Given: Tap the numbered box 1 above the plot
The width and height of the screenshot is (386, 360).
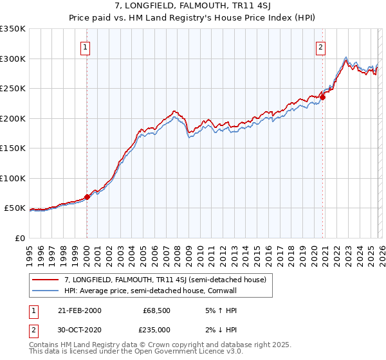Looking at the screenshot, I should pos(86,46).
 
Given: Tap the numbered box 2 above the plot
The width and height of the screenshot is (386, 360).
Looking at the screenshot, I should pos(320,46).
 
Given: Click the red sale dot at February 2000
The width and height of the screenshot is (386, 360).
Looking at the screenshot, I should pos(87,197).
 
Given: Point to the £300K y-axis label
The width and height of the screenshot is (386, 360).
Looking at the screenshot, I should pos(12,59).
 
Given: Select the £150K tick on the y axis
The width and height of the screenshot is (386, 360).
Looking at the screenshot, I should pos(12,148).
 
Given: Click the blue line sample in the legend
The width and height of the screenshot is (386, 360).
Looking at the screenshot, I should pos(45,291).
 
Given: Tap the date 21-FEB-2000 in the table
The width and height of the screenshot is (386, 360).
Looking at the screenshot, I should pos(78,310).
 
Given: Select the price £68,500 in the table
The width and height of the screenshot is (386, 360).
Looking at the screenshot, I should pos(156,310).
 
